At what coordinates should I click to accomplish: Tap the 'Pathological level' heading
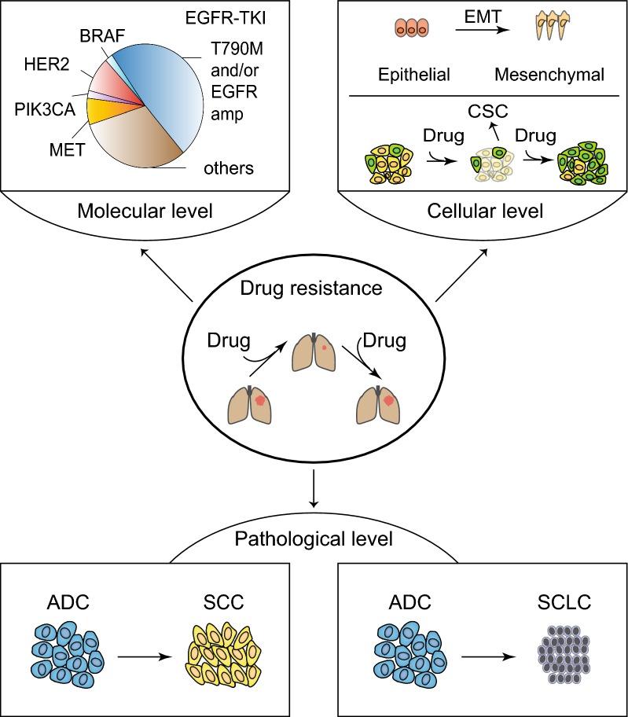(x=314, y=540)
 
